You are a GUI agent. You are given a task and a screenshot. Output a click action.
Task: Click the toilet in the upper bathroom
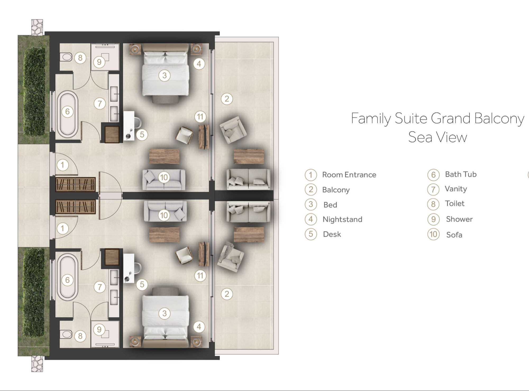(x=66, y=57)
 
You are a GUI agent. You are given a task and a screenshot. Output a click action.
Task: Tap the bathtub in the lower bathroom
(x=68, y=280)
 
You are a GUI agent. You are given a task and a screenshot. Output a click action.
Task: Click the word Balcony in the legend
(x=336, y=190)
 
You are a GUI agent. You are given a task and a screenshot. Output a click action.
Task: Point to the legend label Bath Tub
(x=461, y=174)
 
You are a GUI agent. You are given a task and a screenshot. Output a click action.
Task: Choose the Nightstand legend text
(x=343, y=219)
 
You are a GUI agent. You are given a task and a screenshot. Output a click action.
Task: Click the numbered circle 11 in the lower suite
(x=200, y=276)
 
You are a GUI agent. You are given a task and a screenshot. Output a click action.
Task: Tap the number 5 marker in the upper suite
(x=142, y=134)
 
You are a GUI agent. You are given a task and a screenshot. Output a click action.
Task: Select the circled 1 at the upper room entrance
(x=62, y=165)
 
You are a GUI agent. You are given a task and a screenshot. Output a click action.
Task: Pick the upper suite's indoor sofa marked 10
(x=164, y=180)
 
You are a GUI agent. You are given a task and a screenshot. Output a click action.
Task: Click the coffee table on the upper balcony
(x=249, y=156)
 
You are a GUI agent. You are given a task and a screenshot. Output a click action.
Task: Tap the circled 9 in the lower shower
(x=99, y=329)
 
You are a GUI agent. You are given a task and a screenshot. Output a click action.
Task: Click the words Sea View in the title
(x=438, y=137)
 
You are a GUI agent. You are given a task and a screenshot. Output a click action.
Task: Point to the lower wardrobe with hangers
(x=75, y=207)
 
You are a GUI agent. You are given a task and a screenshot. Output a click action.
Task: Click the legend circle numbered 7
(x=433, y=189)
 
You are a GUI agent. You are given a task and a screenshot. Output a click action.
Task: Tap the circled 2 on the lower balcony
(x=227, y=294)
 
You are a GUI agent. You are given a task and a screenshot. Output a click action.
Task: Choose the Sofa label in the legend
(x=454, y=235)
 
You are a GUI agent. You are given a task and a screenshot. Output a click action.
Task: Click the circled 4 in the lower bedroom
(x=199, y=327)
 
